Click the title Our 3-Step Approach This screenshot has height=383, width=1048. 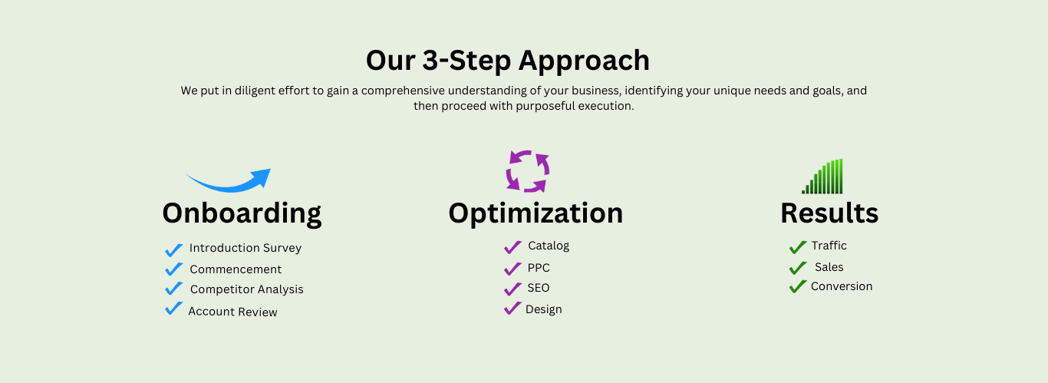click(x=507, y=60)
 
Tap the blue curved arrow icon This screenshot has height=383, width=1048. click(x=229, y=181)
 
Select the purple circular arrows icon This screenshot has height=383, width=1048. click(x=528, y=170)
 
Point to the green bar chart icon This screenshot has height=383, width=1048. click(x=823, y=177)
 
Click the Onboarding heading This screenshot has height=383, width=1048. click(x=242, y=213)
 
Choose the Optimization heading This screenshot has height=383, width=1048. click(x=536, y=213)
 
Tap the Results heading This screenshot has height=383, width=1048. click(x=829, y=213)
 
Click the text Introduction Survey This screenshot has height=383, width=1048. click(x=245, y=248)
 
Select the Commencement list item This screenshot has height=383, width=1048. click(x=236, y=269)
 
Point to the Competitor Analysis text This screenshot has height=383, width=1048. click(x=246, y=289)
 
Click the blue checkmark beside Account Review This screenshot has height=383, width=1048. click(x=174, y=309)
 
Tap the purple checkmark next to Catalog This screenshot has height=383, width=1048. click(x=513, y=247)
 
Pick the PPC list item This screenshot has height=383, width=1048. click(x=539, y=268)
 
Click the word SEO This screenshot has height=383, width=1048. click(x=539, y=288)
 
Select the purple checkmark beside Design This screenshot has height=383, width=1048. click(x=512, y=309)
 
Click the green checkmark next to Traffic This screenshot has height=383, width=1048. click(x=798, y=246)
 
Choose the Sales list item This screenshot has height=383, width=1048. click(x=829, y=267)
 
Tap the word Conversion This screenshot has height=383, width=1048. click(x=842, y=286)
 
